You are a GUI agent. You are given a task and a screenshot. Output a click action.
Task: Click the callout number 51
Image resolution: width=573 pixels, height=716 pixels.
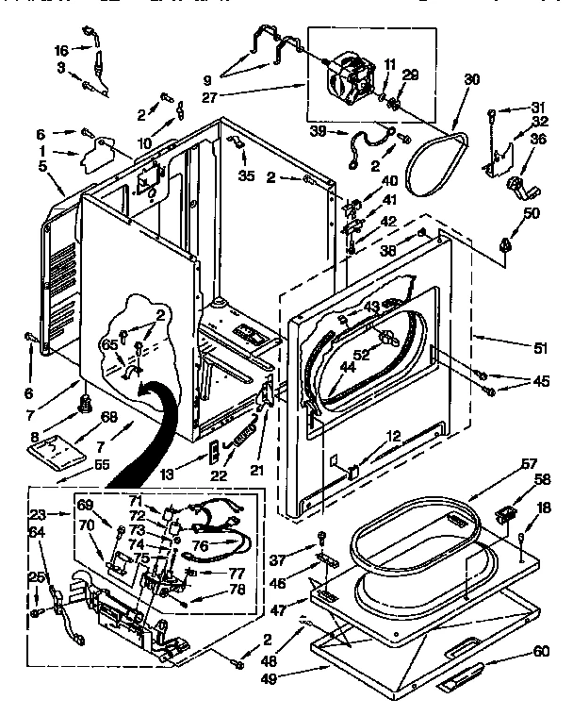point(540,348)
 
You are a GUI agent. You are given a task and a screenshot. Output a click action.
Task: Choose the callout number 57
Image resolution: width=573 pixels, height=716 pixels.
point(531,464)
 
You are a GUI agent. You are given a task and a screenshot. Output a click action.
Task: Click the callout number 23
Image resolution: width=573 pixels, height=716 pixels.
point(39,515)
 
